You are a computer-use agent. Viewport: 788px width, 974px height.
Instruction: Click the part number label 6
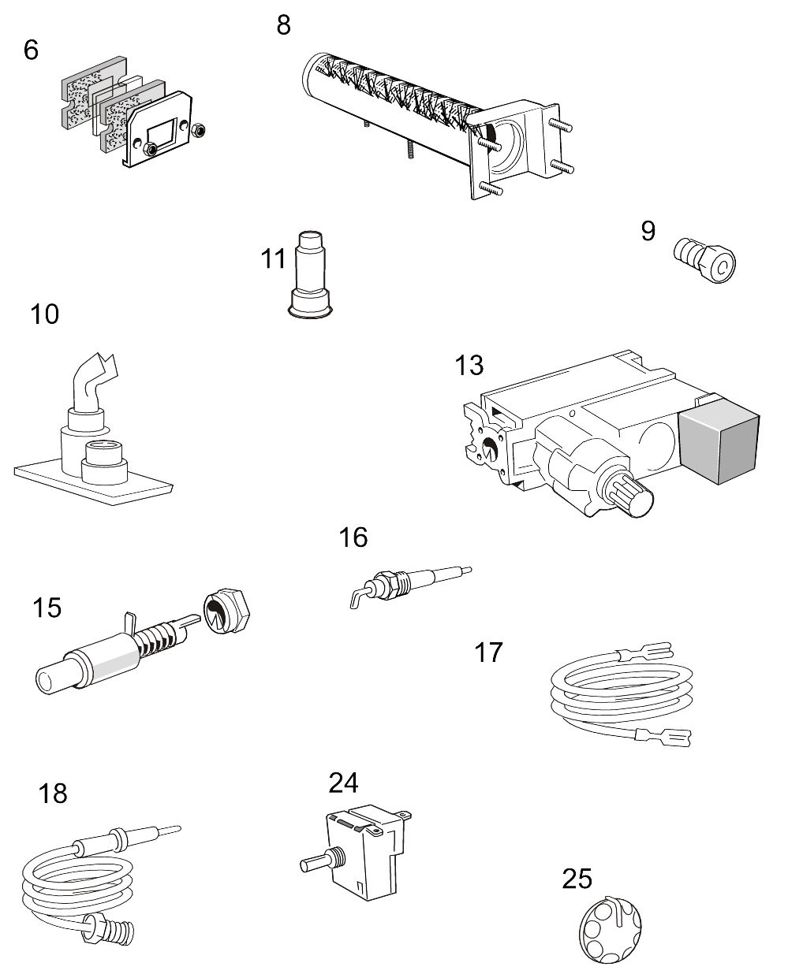point(31,50)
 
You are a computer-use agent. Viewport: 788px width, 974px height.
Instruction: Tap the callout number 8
point(283,24)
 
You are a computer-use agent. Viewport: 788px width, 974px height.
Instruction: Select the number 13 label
point(469,366)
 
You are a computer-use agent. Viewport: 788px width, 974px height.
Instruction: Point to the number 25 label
point(577,878)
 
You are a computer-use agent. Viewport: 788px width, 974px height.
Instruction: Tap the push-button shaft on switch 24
point(315,862)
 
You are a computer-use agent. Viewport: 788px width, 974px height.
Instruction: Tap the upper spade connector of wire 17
point(651,652)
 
